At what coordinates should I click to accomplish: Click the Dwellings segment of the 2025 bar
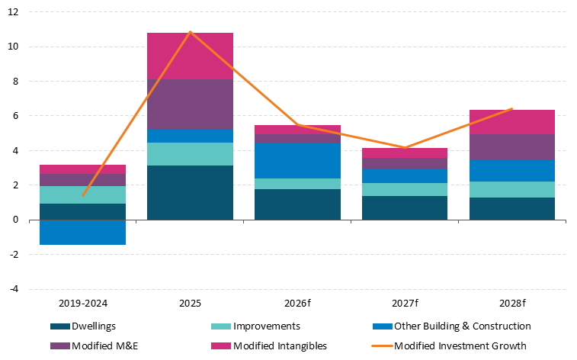pos(190,192)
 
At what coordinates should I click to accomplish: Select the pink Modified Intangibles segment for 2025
pos(190,56)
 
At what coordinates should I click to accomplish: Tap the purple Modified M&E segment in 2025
pos(190,104)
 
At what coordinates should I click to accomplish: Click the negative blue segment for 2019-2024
pos(82,232)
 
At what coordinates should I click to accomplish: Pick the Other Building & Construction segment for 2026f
pos(297,161)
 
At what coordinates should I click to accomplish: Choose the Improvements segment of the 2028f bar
pos(512,189)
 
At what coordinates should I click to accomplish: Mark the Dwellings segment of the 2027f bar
pos(405,207)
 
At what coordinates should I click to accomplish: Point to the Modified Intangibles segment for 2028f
pos(512,122)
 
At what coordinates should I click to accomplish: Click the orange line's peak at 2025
pos(190,32)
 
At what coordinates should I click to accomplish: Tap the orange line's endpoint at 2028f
pos(512,109)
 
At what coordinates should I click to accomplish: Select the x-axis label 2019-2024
pos(82,304)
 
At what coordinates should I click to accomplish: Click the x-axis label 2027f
pos(405,304)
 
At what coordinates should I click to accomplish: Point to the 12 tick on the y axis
pos(14,12)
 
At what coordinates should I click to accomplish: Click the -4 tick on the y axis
pos(14,290)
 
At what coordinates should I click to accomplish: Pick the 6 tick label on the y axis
pos(15,116)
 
